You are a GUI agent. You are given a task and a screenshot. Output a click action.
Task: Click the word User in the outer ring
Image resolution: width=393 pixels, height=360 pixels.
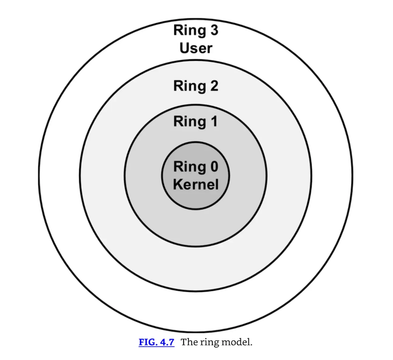(x=196, y=48)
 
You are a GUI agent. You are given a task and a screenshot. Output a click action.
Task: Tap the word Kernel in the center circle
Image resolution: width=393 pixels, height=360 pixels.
(x=196, y=184)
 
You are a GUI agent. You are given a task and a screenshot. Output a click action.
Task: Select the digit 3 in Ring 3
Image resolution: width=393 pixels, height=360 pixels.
(x=214, y=30)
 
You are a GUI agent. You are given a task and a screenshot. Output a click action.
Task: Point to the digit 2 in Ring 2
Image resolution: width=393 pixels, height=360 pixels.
(x=214, y=86)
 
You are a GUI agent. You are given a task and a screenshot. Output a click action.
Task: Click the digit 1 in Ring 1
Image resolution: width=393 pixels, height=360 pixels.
(x=214, y=121)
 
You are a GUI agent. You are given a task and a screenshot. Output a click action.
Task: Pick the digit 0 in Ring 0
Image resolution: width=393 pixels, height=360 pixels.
(x=214, y=167)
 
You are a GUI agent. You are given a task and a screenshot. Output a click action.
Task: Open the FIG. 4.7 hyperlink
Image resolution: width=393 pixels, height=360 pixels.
(x=156, y=342)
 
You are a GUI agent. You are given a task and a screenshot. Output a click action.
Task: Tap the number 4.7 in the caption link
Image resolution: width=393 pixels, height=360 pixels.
(x=167, y=342)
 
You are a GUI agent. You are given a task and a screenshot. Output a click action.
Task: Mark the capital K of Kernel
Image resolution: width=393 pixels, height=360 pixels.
(x=178, y=184)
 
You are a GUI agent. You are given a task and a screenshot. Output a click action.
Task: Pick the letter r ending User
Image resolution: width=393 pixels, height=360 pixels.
(x=210, y=49)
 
